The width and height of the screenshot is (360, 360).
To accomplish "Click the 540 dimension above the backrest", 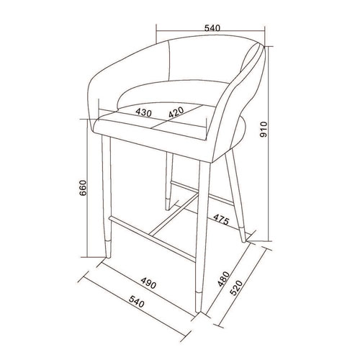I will [x=211, y=28].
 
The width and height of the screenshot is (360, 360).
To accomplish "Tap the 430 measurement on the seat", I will [x=143, y=113].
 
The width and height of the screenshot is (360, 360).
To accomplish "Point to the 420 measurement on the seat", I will [x=176, y=112].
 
